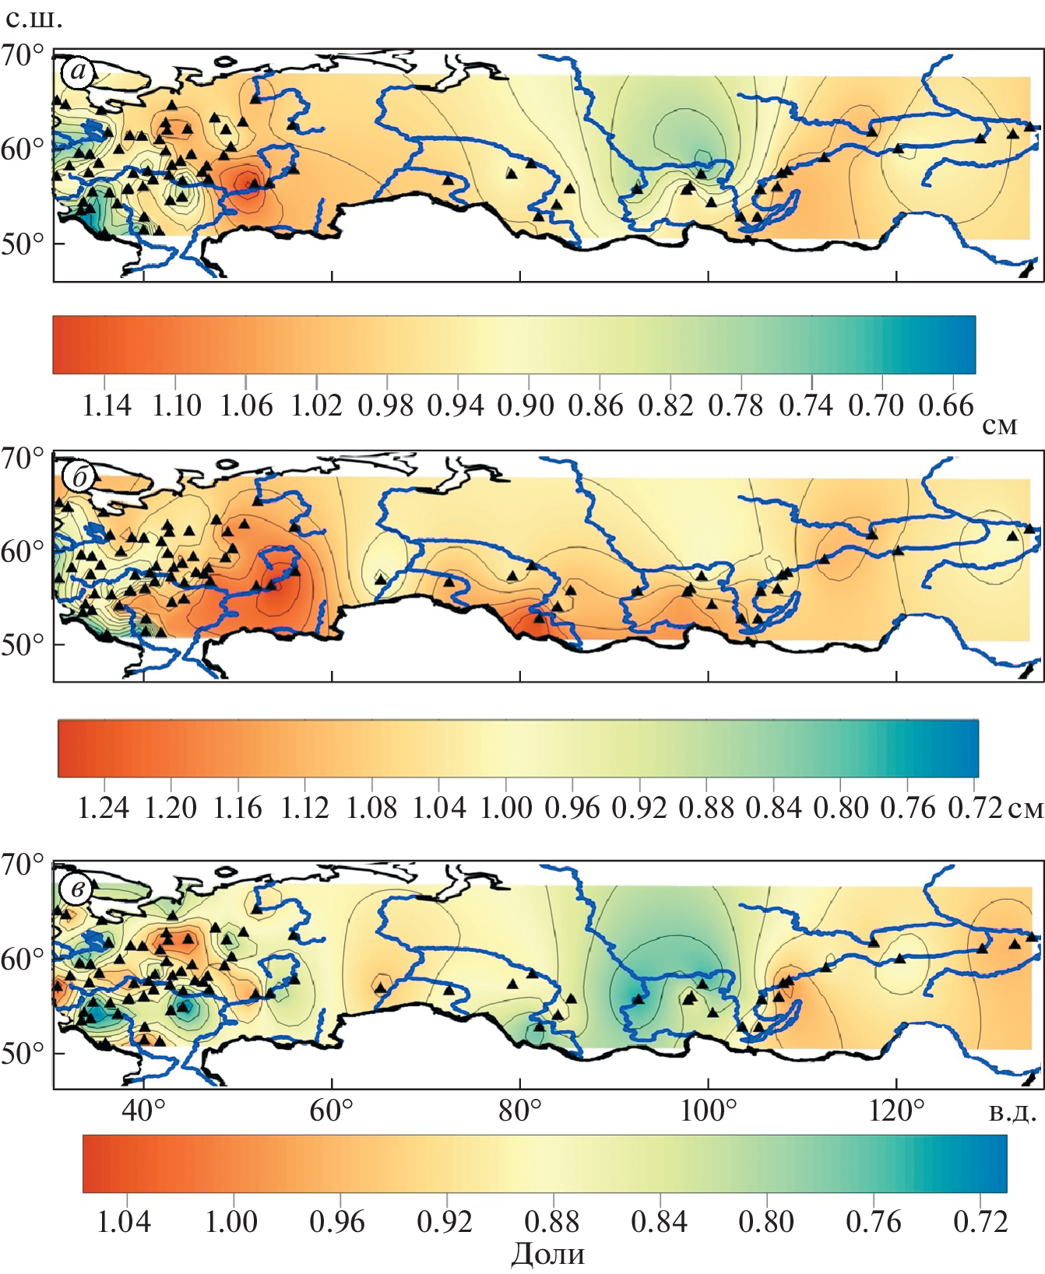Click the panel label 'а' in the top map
click(x=78, y=73)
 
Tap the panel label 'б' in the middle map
click(x=79, y=477)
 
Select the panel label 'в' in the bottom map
click(x=77, y=888)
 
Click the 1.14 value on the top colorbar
click(x=107, y=405)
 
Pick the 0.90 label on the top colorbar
click(x=526, y=405)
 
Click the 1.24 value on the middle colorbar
click(x=104, y=809)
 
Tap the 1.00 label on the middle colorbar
click(x=506, y=809)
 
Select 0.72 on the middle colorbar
click(x=975, y=809)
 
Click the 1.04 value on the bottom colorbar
click(x=124, y=1222)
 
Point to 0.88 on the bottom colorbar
click(x=552, y=1222)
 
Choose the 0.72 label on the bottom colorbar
click(x=980, y=1222)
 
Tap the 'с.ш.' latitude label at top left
click(x=33, y=19)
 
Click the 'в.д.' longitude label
click(x=1012, y=1112)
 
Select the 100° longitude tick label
click(x=708, y=1111)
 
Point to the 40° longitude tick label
click(x=144, y=1111)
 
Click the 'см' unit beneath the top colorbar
click(x=999, y=426)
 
